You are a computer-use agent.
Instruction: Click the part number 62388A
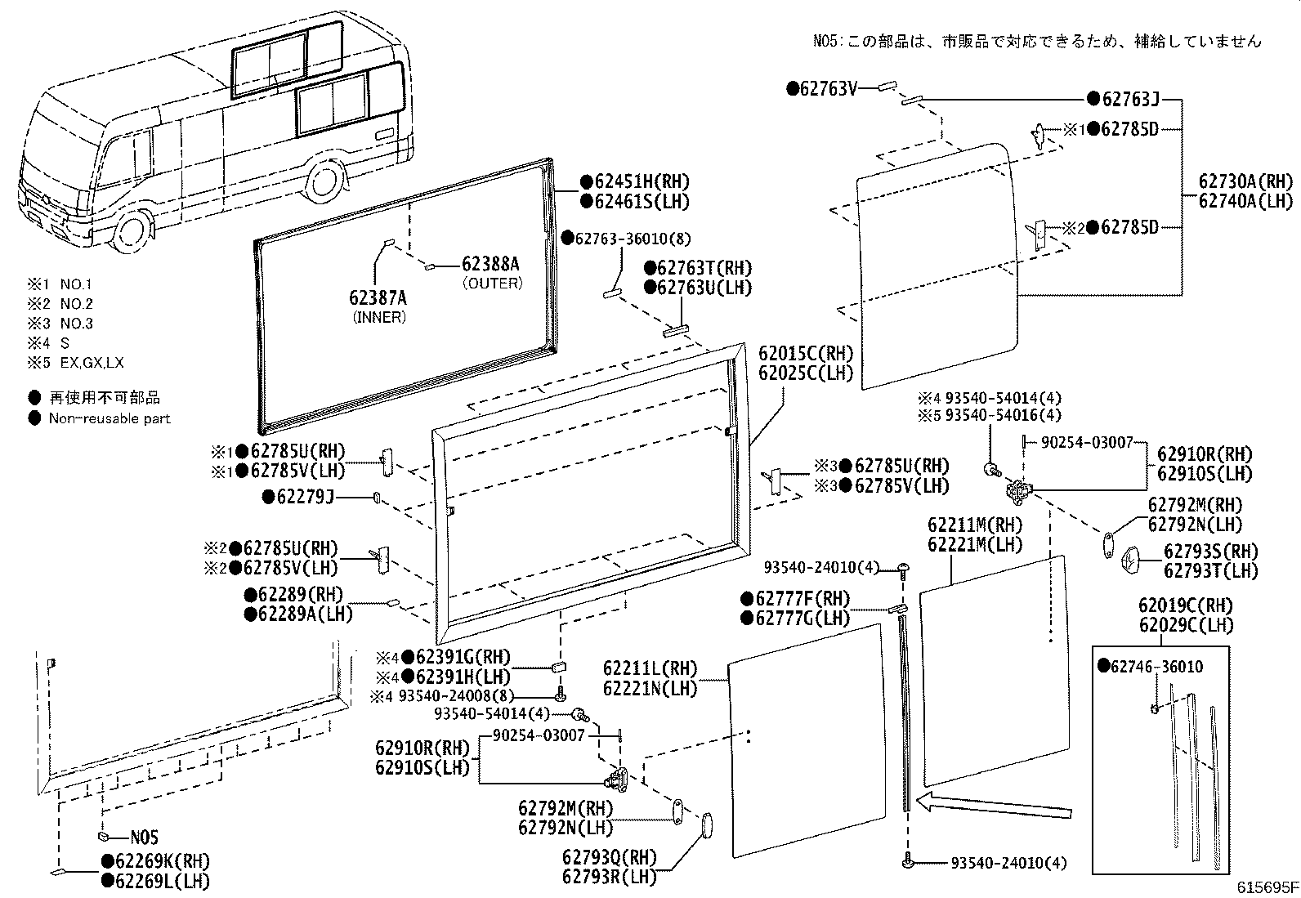490,264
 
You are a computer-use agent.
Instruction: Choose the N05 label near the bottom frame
144,838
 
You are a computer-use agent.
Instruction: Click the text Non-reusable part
110,418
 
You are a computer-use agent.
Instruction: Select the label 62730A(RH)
1245,181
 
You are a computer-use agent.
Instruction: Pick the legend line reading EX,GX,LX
92,363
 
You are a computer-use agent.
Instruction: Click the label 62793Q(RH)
609,857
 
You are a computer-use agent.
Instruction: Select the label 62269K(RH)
161,860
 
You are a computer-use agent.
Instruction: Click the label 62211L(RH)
650,668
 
